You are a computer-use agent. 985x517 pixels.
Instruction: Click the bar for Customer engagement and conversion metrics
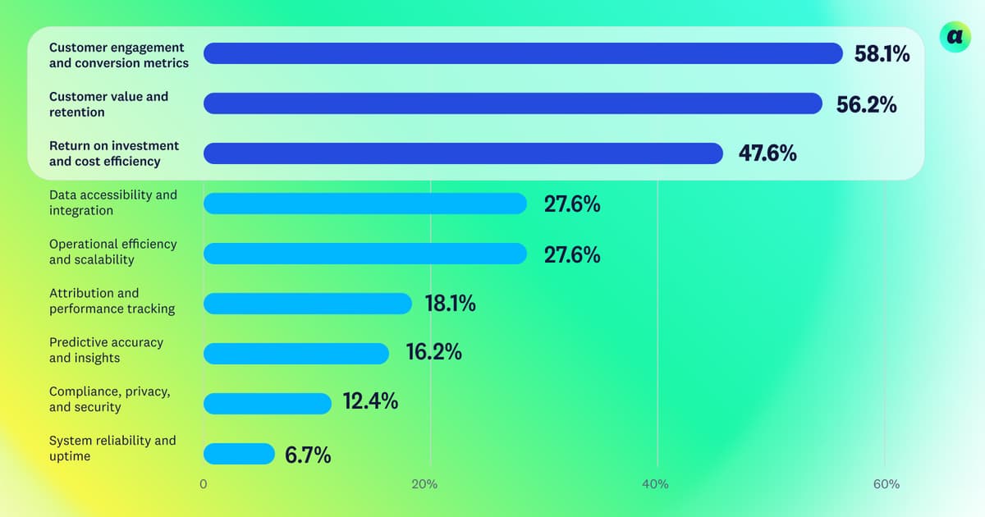[x=523, y=53]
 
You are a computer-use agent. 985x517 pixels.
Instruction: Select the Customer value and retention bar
[x=513, y=103]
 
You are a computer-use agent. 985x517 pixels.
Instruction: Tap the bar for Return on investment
[x=463, y=153]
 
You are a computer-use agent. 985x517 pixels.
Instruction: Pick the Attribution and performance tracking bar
[x=308, y=304]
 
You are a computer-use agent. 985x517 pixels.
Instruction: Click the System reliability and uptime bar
[x=239, y=454]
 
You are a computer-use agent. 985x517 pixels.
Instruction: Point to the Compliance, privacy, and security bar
[x=268, y=404]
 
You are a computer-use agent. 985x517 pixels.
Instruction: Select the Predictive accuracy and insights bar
[x=296, y=354]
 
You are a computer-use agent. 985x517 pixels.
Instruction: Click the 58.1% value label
[x=882, y=54]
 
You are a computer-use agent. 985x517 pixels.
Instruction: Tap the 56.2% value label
[x=866, y=104]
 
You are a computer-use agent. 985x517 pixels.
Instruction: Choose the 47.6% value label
[x=767, y=153]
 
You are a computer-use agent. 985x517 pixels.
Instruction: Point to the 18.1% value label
[x=450, y=304]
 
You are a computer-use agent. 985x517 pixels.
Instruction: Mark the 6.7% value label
[x=308, y=455]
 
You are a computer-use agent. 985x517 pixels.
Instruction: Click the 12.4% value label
[x=370, y=401]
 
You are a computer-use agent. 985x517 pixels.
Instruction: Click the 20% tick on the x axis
[x=424, y=484]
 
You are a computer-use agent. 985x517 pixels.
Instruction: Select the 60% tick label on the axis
[x=886, y=484]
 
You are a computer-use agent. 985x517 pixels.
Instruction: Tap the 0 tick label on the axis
[x=203, y=484]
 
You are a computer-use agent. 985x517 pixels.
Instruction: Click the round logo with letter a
[x=955, y=38]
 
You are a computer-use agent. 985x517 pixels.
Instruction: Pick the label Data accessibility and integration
[x=113, y=203]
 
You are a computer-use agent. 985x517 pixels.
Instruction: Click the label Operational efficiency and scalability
[x=113, y=252]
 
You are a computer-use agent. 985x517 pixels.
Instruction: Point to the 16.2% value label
[x=433, y=352]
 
